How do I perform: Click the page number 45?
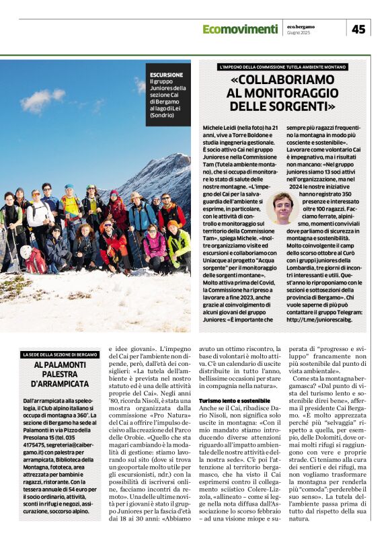tap(358, 29)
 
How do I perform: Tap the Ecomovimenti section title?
tap(240, 29)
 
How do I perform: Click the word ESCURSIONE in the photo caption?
tap(167, 75)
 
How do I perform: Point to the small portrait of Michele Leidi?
tap(283, 208)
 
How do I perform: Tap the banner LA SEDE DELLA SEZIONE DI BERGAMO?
tap(60, 354)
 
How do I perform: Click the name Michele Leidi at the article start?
tap(221, 126)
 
